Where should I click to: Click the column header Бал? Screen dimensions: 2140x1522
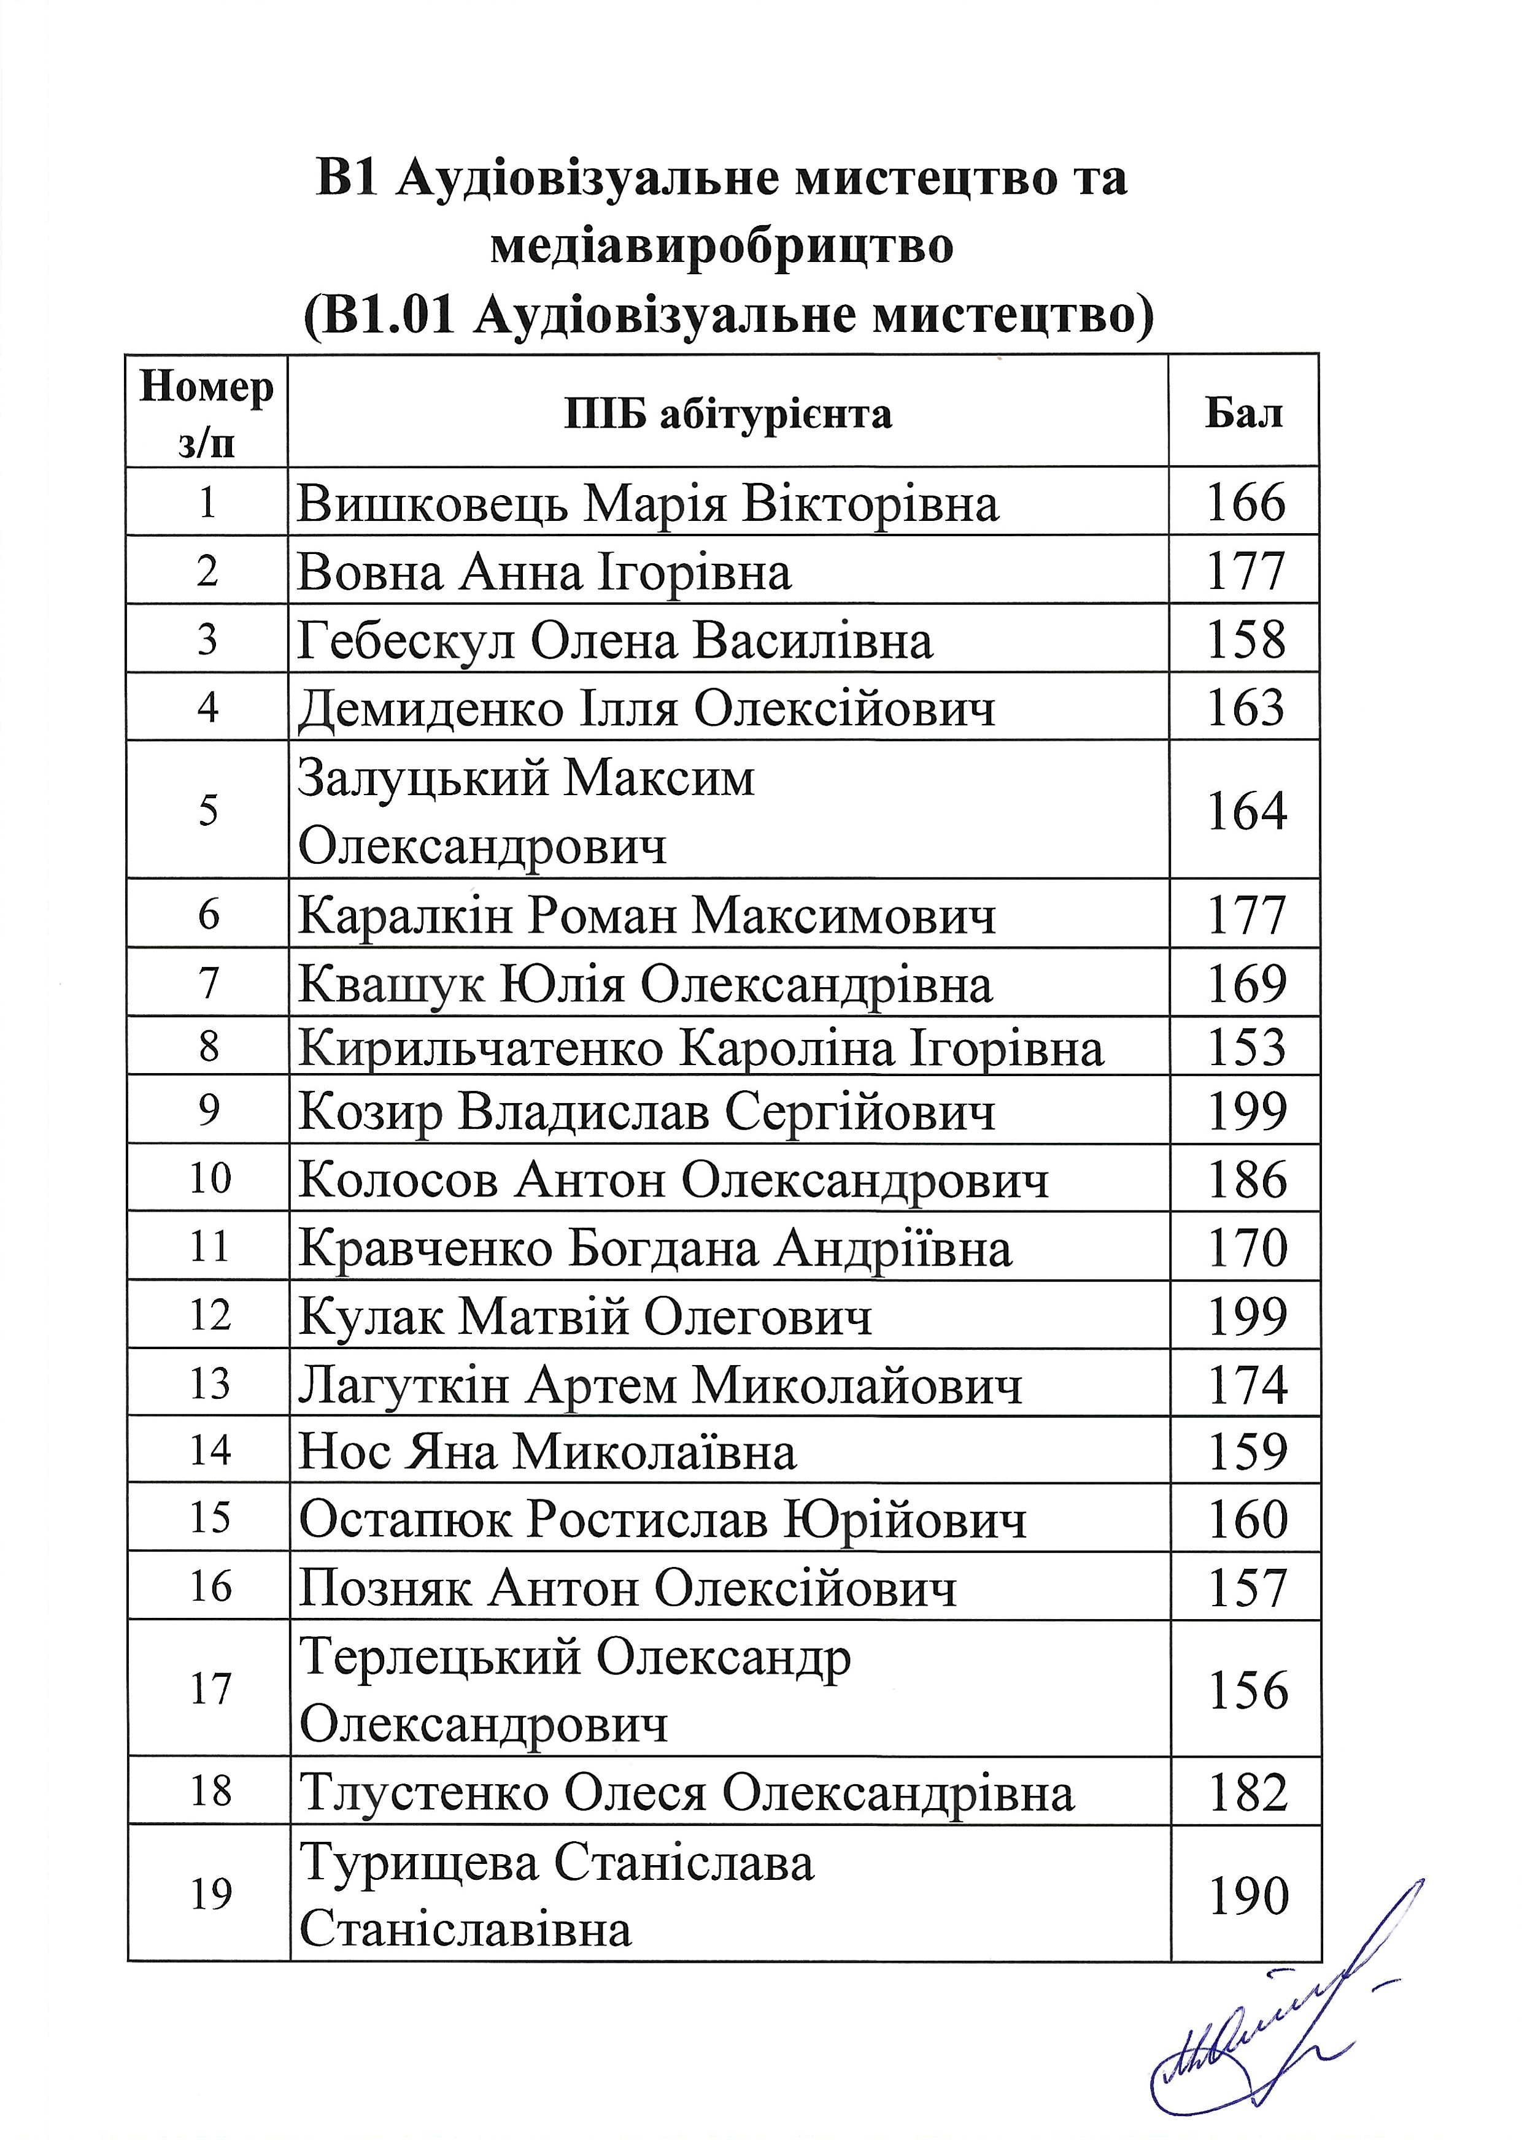pos(1243,412)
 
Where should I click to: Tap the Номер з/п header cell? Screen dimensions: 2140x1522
pos(206,412)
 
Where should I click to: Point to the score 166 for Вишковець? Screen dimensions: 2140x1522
pos(1245,503)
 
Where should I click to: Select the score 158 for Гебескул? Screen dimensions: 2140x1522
pos(1245,640)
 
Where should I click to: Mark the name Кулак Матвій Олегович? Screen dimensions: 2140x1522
pos(585,1317)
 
